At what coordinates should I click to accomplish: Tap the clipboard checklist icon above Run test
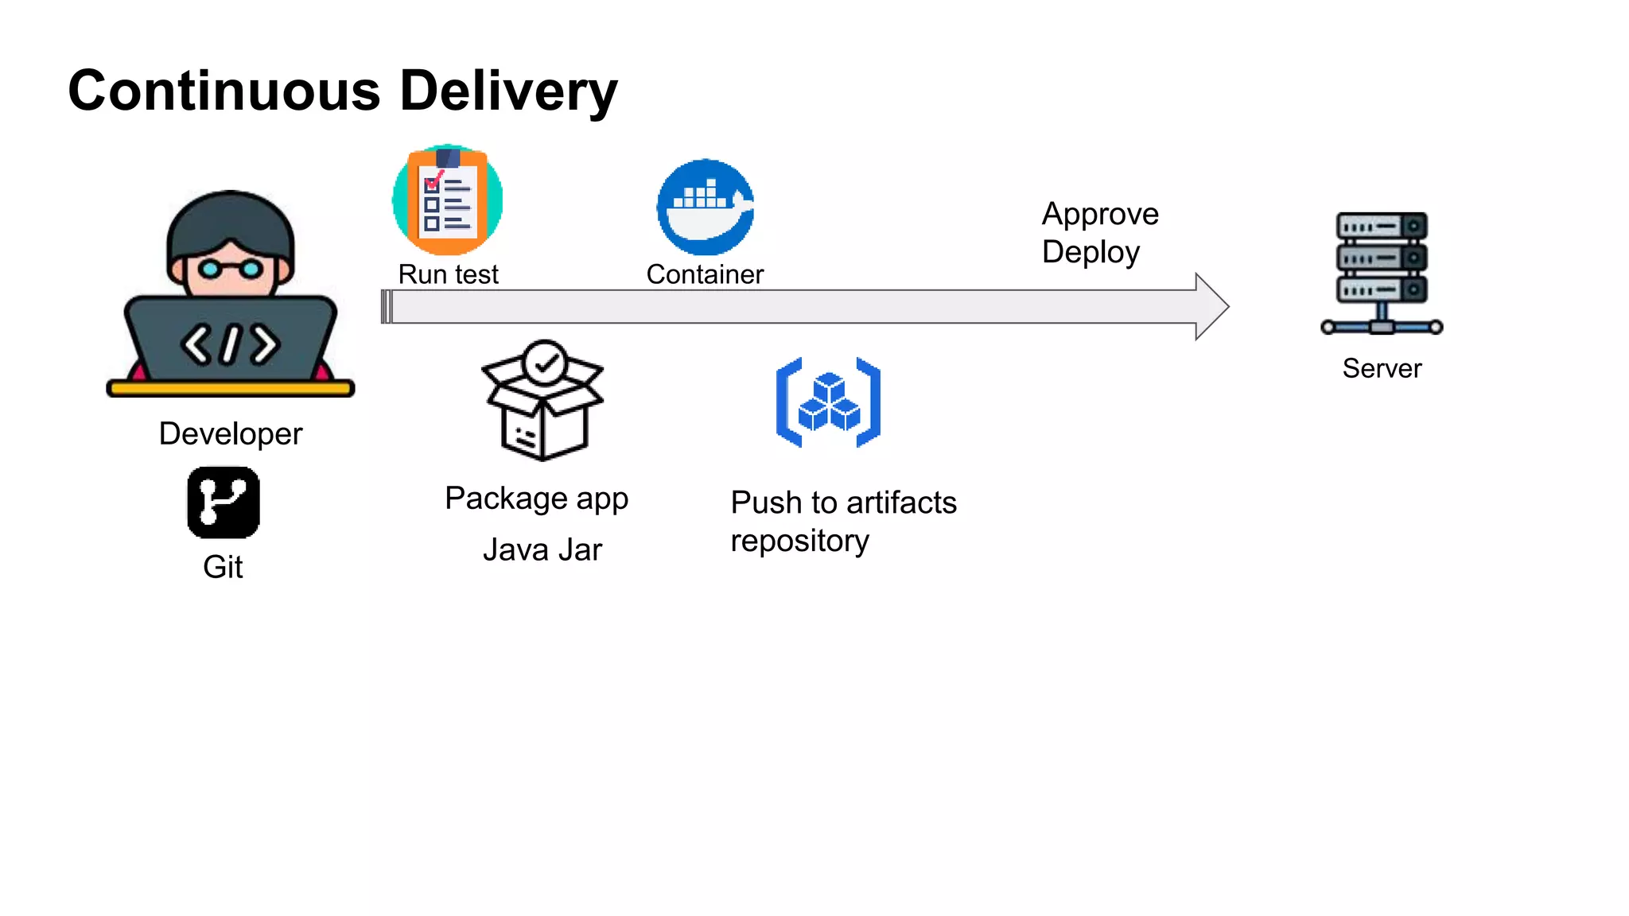[x=447, y=200]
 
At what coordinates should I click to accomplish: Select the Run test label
[x=448, y=274]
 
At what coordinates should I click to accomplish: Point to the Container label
[x=705, y=274]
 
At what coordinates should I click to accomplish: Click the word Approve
[x=1100, y=214]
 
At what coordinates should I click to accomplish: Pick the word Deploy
[x=1091, y=252]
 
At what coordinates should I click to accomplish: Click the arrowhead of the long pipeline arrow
[x=1211, y=307]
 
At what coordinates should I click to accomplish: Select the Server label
[x=1382, y=368]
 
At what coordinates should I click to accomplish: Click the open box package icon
[x=543, y=401]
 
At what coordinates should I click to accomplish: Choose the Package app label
[x=536, y=499]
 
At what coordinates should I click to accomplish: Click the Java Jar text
[x=542, y=550]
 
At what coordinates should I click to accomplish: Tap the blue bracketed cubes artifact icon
[x=828, y=402]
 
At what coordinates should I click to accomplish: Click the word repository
[x=799, y=541]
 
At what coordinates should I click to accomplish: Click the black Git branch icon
[x=223, y=503]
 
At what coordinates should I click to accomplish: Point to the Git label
[x=223, y=567]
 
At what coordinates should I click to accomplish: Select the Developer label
[x=231, y=434]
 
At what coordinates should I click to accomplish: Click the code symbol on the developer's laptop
[x=230, y=344]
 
